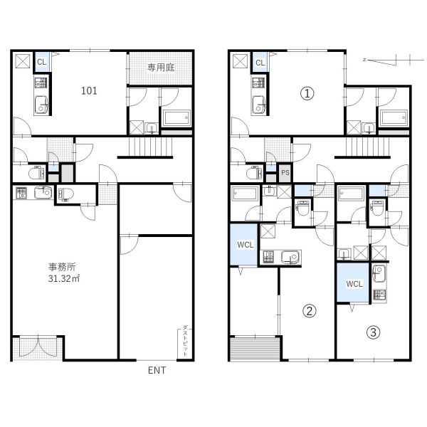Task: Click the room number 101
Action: pyautogui.click(x=89, y=90)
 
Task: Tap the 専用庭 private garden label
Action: pyautogui.click(x=161, y=68)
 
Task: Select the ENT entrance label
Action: pyautogui.click(x=157, y=370)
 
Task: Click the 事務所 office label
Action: pyautogui.click(x=62, y=267)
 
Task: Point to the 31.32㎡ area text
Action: pyautogui.click(x=64, y=278)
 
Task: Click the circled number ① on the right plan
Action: pyautogui.click(x=307, y=94)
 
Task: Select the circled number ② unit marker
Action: pyautogui.click(x=310, y=311)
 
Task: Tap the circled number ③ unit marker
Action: pyautogui.click(x=374, y=332)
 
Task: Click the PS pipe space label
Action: pyautogui.click(x=285, y=173)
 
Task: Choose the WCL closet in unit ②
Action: pyautogui.click(x=245, y=245)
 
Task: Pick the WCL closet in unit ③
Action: pyautogui.click(x=354, y=284)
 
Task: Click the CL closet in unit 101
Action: pyautogui.click(x=42, y=62)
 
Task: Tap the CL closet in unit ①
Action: pyautogui.click(x=260, y=63)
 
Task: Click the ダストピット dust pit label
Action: pyautogui.click(x=184, y=340)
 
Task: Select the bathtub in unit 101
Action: pyautogui.click(x=176, y=118)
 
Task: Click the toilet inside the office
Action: pyautogui.click(x=66, y=194)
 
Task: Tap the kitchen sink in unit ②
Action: pyautogui.click(x=290, y=257)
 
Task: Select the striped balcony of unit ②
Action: pyautogui.click(x=255, y=348)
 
